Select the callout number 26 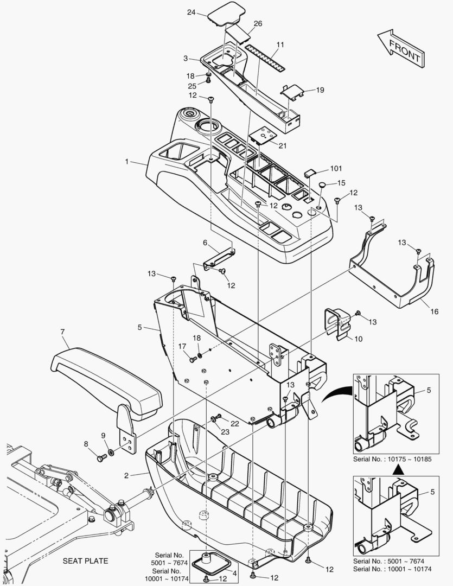(257, 23)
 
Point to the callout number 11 (280, 44)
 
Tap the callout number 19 (320, 90)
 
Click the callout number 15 (341, 183)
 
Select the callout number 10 (358, 339)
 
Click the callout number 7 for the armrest (63, 331)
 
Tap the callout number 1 (127, 161)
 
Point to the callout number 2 (126, 475)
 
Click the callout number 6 (205, 242)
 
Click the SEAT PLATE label (85, 560)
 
